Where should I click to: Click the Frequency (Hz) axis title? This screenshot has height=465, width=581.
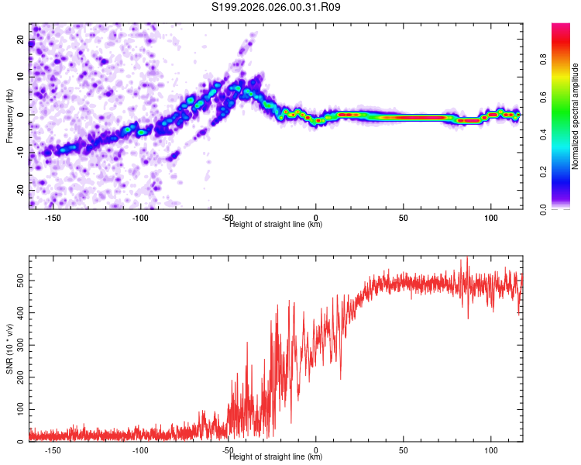(x=10, y=116)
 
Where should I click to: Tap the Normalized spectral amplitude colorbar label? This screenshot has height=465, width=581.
(x=576, y=117)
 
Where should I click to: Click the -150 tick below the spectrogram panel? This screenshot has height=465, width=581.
(x=53, y=218)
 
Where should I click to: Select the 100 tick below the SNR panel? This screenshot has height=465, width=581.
(x=490, y=450)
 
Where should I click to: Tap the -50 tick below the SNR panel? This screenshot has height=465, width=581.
(x=228, y=450)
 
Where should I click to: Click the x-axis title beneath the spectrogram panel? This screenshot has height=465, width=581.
(x=276, y=225)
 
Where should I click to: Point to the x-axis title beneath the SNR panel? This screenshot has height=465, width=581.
(x=276, y=457)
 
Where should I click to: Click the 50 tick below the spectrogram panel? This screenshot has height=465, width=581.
(x=403, y=218)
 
